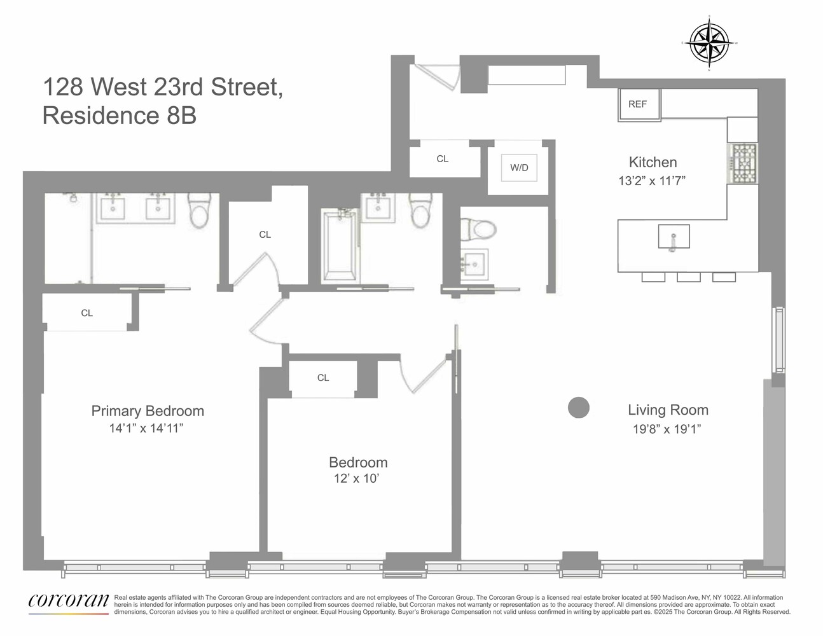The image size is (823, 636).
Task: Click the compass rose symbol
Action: pos(709,43)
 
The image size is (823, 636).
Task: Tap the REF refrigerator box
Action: pos(639,104)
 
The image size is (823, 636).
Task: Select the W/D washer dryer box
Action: pos(519,168)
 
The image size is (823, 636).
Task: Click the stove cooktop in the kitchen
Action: pos(743,163)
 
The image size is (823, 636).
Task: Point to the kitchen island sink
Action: pos(674,237)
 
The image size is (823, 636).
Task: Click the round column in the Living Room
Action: pos(578,408)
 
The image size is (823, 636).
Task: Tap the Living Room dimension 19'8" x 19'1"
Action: pos(667,429)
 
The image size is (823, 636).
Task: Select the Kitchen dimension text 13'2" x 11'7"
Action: pos(652,181)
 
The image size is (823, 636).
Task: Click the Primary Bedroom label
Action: pos(148,411)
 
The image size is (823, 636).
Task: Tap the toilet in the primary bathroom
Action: pos(199,212)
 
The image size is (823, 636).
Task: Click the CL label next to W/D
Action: pos(443,159)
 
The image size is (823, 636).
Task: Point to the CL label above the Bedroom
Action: pos(323,378)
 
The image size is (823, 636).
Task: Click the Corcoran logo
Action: pos(68,602)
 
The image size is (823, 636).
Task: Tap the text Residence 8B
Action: pos(120,116)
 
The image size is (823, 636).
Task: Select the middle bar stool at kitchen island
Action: pos(688,277)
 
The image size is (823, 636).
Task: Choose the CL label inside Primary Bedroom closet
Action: pos(87,313)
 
